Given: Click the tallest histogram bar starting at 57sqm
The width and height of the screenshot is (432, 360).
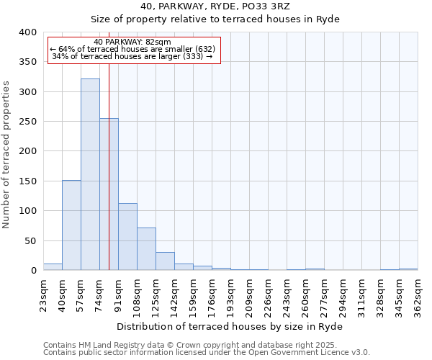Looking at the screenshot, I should pyautogui.click(x=90, y=175).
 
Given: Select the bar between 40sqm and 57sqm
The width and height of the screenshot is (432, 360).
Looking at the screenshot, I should pyautogui.click(x=71, y=225).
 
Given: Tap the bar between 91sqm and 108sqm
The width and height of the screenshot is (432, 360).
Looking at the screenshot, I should pyautogui.click(x=127, y=237).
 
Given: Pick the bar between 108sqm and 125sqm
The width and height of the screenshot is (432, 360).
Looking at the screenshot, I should pyautogui.click(x=146, y=249).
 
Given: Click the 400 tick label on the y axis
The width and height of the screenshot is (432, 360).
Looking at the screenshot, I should pyautogui.click(x=27, y=32).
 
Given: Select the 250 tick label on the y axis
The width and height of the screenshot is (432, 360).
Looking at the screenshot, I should pyautogui.click(x=27, y=122).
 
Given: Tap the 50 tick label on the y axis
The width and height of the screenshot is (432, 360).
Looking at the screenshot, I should pyautogui.click(x=30, y=240).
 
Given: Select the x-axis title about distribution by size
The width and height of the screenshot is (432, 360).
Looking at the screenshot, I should pyautogui.click(x=230, y=326).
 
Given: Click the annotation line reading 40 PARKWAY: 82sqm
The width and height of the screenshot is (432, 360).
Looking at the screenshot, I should pyautogui.click(x=132, y=42).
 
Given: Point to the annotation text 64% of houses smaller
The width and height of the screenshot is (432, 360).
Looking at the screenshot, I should pyautogui.click(x=132, y=49).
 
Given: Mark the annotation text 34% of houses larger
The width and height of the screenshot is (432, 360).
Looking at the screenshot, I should pyautogui.click(x=132, y=56).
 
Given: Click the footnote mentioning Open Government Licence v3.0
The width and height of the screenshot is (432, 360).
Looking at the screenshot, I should pyautogui.click(x=207, y=352).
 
